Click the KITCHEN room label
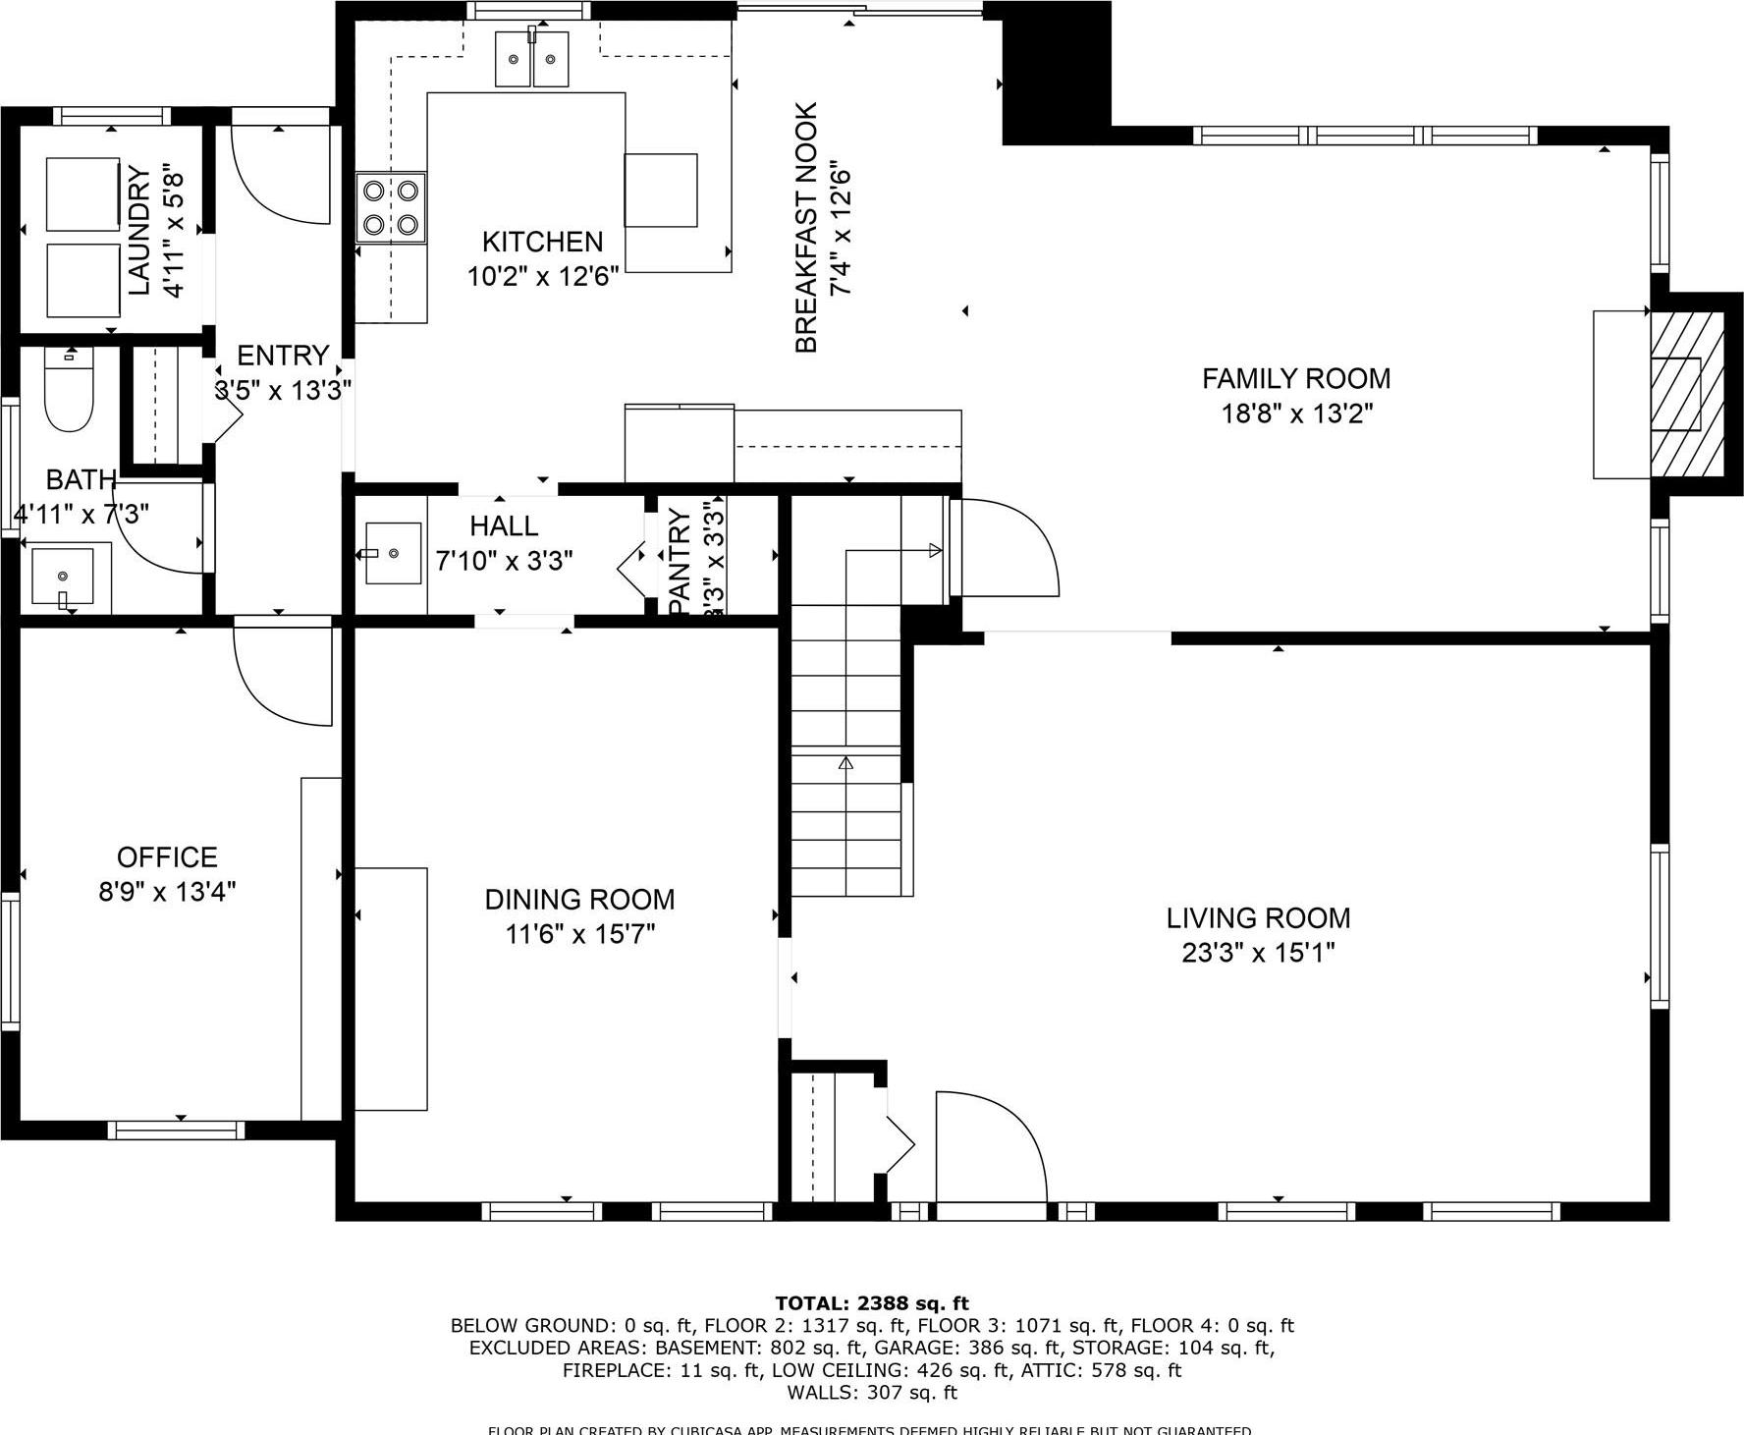coord(542,242)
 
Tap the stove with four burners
coord(391,207)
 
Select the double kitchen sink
coord(532,59)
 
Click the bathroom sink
coord(63,577)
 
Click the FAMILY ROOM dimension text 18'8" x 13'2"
coord(1296,414)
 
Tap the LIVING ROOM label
coord(1258,918)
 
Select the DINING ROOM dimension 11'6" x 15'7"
coord(579,934)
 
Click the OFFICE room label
coord(167,857)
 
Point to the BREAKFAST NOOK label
coord(806,228)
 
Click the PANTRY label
coord(680,563)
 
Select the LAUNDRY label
coord(140,232)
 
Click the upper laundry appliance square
coord(83,193)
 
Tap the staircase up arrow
coord(845,762)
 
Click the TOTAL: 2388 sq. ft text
coord(872,1303)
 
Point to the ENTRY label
coord(283,356)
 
